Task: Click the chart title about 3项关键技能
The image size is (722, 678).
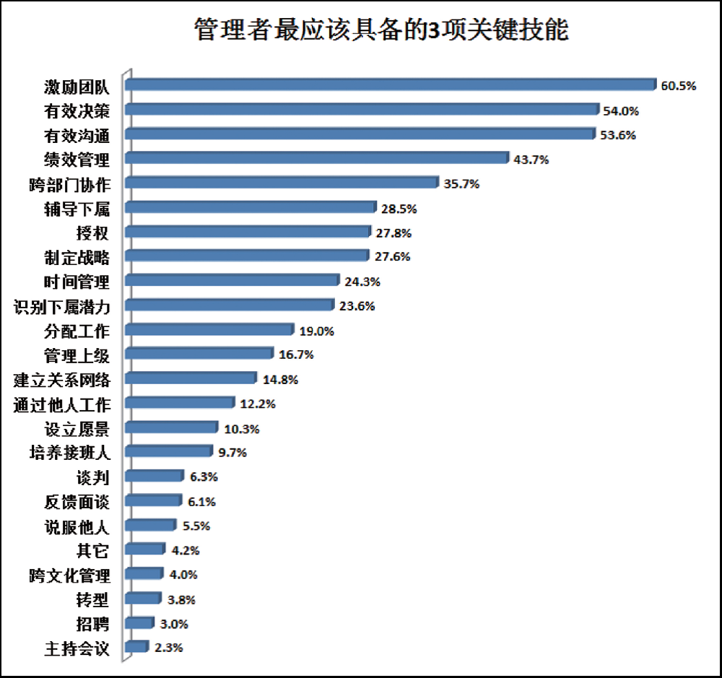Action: [381, 31]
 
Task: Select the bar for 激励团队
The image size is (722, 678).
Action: [390, 84]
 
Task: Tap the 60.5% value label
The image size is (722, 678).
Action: [678, 86]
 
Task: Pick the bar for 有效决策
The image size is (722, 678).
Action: [361, 109]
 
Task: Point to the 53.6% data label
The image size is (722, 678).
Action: [617, 135]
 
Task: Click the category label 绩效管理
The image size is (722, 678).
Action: [77, 159]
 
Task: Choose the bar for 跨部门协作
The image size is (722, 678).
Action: [282, 183]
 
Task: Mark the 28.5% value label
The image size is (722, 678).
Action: [399, 209]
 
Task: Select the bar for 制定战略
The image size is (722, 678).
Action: [247, 256]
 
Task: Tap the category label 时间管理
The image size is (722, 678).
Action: [77, 280]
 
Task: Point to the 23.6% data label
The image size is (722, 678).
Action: [357, 306]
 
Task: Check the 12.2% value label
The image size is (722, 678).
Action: [258, 404]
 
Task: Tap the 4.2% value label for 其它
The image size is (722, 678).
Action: [185, 550]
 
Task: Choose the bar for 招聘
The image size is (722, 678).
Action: [139, 622]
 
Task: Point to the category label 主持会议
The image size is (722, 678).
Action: [77, 648]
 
